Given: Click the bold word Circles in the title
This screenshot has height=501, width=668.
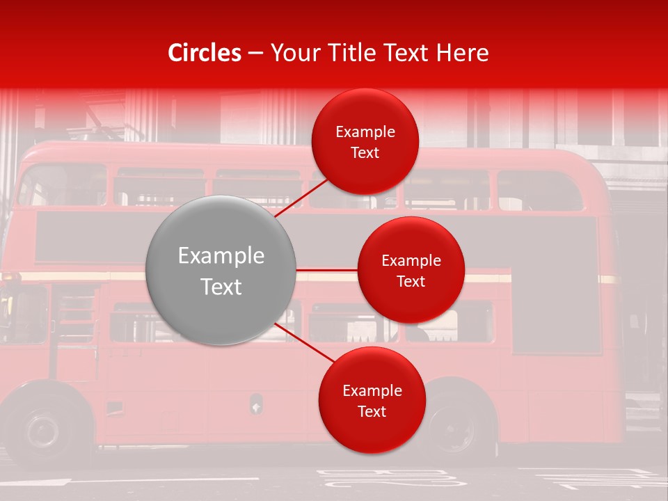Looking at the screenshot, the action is point(204,53).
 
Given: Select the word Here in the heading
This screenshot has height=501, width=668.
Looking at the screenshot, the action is point(463,53).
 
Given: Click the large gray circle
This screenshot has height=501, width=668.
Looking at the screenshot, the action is point(221,270).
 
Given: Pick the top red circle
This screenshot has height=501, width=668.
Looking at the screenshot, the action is point(365,142).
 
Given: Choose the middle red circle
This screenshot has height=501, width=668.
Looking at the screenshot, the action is point(411,270).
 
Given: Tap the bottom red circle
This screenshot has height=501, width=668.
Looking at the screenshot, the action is point(372,400).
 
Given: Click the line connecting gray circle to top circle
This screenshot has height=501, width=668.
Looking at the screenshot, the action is point(301,198).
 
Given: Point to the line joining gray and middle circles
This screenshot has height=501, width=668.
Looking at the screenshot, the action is point(327,270).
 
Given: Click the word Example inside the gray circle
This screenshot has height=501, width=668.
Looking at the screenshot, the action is point(221,256).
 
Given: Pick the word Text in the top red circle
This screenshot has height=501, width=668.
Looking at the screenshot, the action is point(365,152).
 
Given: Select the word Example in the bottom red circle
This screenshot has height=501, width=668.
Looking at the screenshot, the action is point(372,390).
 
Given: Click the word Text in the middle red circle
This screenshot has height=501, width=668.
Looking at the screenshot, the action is point(411,281).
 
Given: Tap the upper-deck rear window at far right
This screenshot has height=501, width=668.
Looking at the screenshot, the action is point(539,191).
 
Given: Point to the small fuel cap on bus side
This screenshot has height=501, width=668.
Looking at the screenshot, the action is point(256,403).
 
